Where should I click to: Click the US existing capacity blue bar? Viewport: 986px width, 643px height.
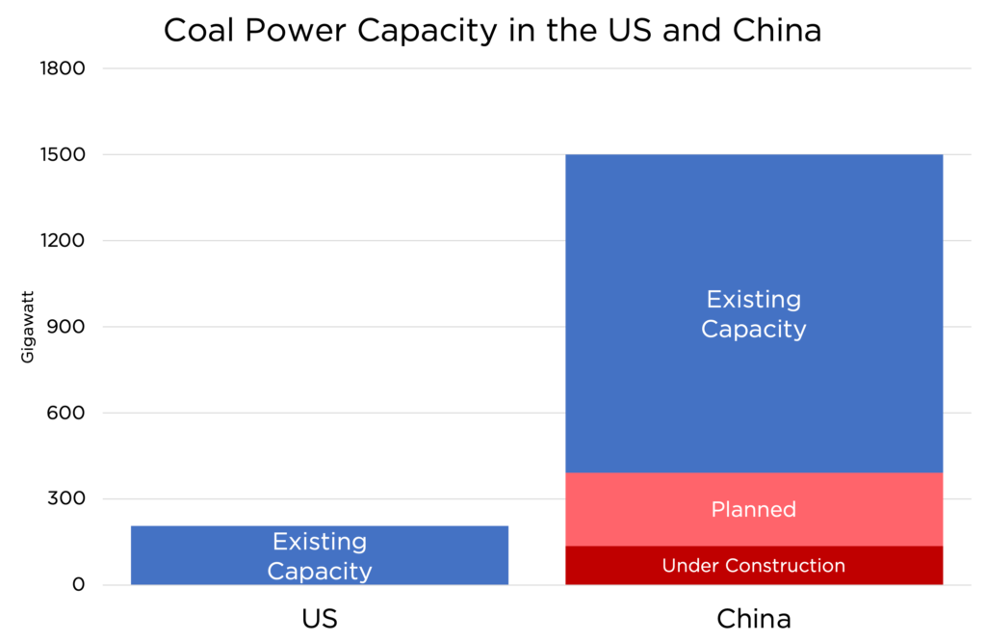(x=320, y=555)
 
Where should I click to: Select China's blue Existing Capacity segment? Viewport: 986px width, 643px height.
(x=754, y=313)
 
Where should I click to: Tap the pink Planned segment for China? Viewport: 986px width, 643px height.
(x=754, y=510)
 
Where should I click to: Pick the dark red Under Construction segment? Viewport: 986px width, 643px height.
(x=754, y=565)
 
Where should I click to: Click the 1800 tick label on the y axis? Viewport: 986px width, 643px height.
(x=63, y=68)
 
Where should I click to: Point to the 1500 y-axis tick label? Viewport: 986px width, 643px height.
(x=63, y=154)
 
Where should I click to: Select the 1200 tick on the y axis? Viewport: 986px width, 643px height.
(x=63, y=241)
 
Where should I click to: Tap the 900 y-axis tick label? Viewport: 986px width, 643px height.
(x=66, y=326)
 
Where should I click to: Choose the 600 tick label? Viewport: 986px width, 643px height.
(x=66, y=413)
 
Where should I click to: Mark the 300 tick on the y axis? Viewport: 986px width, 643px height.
(x=66, y=498)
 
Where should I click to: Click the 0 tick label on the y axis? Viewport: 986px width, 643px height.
(x=79, y=584)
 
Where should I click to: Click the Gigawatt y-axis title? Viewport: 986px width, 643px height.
(x=27, y=327)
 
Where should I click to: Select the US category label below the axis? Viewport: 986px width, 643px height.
(x=320, y=619)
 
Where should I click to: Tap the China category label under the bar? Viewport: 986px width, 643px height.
(x=754, y=619)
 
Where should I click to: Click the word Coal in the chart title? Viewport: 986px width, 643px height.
(x=199, y=30)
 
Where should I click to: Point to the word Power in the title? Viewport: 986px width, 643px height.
(x=296, y=30)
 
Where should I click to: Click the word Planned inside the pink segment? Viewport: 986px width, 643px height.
(x=754, y=510)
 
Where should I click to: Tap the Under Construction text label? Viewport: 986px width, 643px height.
(x=754, y=566)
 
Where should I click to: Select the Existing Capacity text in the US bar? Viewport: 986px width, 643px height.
(x=320, y=556)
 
